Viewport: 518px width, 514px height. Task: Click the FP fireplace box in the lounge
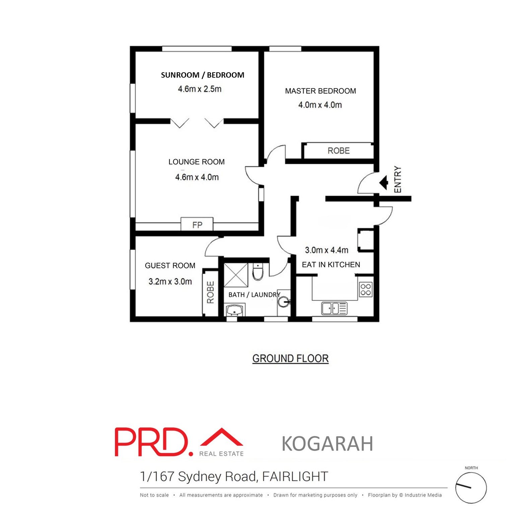[197, 224]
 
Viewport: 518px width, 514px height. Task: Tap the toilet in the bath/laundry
[258, 271]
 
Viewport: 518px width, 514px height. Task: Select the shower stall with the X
[236, 275]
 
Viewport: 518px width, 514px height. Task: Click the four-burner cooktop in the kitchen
[366, 289]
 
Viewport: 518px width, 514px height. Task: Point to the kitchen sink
[335, 308]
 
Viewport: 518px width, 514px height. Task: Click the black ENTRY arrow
[384, 183]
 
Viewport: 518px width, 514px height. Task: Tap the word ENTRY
[398, 179]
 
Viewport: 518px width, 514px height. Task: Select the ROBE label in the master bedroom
[339, 151]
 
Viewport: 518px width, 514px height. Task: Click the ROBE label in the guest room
[210, 292]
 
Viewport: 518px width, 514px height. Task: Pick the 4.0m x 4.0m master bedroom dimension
[320, 105]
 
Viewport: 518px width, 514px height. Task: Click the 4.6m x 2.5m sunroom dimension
[200, 89]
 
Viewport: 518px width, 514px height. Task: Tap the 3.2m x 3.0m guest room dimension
[170, 281]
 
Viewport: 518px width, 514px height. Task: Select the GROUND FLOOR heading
[290, 358]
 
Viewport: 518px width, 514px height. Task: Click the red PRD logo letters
[154, 442]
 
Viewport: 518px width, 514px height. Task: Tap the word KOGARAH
[327, 443]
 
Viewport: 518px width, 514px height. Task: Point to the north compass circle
[471, 488]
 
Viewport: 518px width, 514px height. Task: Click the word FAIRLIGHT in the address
[295, 476]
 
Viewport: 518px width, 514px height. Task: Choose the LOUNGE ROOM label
[197, 162]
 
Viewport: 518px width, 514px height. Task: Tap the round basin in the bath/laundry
[283, 302]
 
